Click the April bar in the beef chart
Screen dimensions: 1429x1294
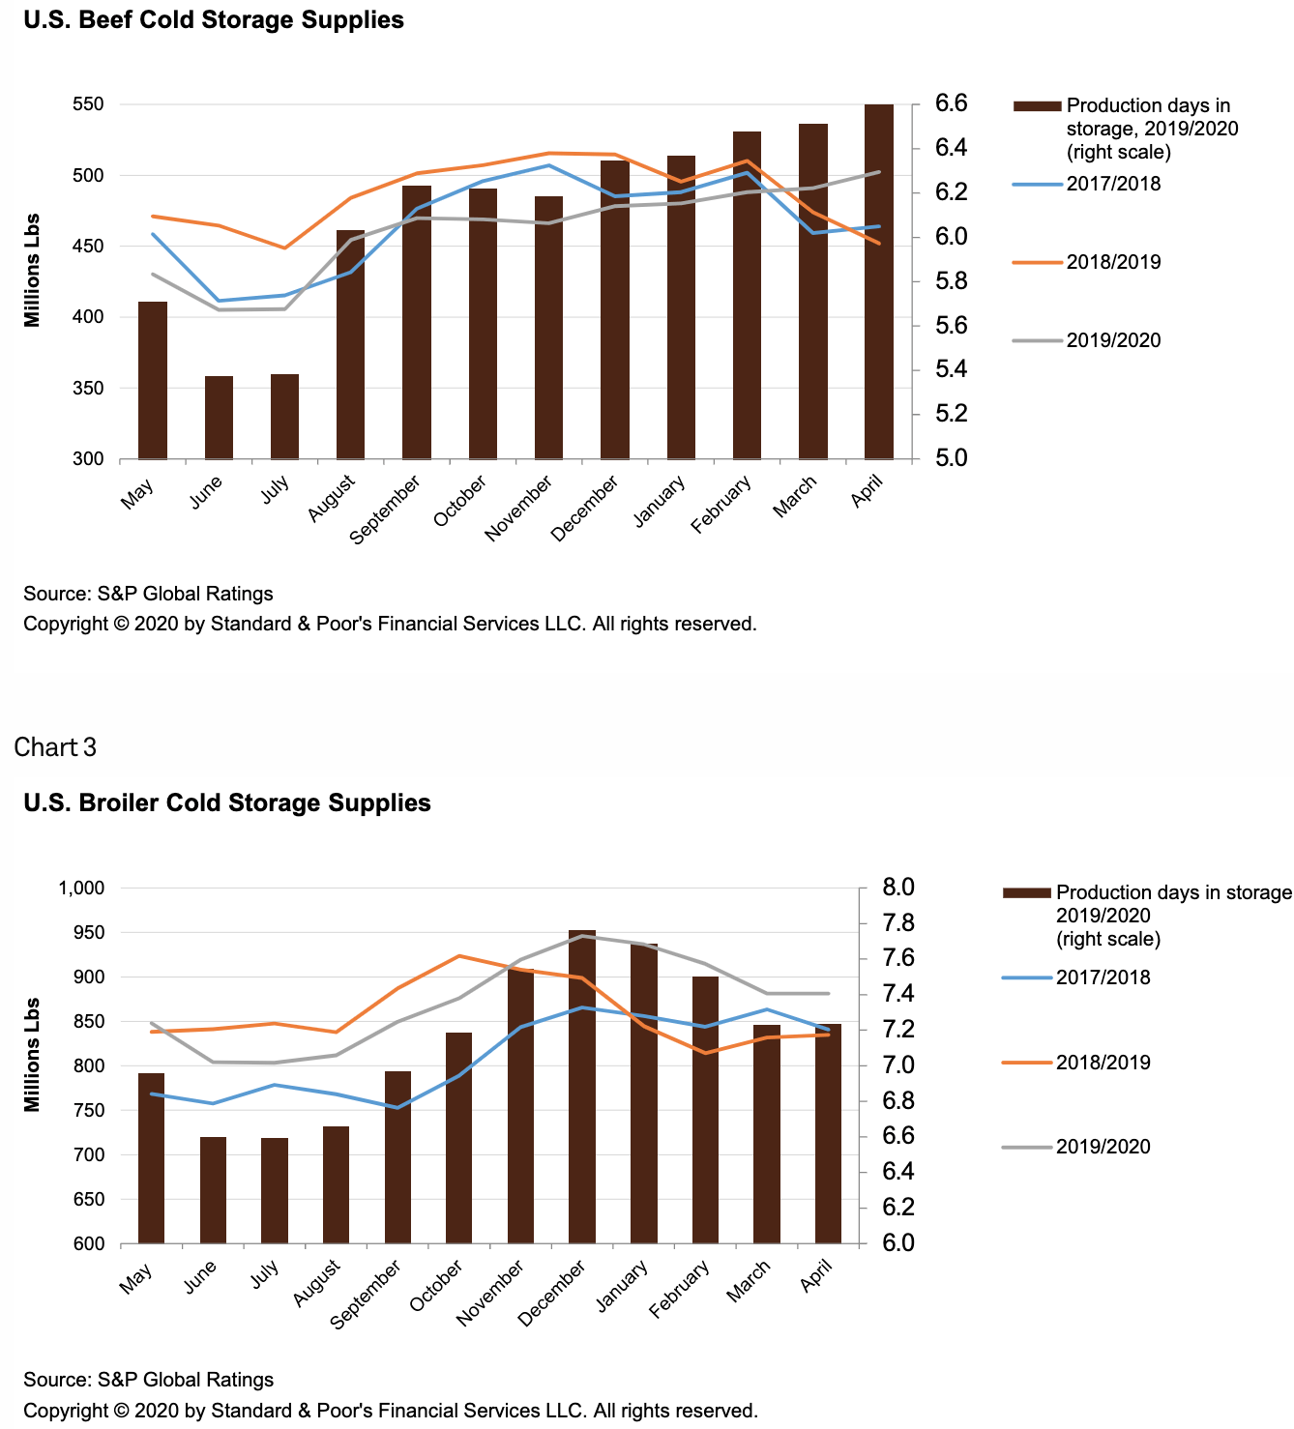(x=878, y=280)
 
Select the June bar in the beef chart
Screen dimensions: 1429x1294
(x=219, y=417)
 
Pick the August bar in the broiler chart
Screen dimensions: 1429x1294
(x=336, y=1184)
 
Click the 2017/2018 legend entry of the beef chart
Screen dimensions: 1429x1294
(x=1113, y=184)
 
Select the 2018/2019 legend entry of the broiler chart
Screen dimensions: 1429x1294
(x=1103, y=1063)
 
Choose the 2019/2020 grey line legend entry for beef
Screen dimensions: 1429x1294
(x=1113, y=340)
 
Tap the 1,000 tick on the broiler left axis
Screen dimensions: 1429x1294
(x=81, y=888)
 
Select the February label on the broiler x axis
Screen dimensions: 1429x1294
(x=680, y=1289)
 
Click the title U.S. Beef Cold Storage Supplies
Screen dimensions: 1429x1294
(x=214, y=20)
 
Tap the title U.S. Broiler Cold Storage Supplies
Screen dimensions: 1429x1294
(x=227, y=802)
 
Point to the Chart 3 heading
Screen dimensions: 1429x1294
(x=55, y=747)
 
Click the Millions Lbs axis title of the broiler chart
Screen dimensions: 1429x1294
(x=33, y=1054)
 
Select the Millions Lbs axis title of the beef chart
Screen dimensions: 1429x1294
(x=33, y=270)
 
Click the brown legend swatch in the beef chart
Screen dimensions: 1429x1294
(x=1037, y=106)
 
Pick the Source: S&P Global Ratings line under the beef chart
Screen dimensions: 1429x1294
(x=148, y=594)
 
